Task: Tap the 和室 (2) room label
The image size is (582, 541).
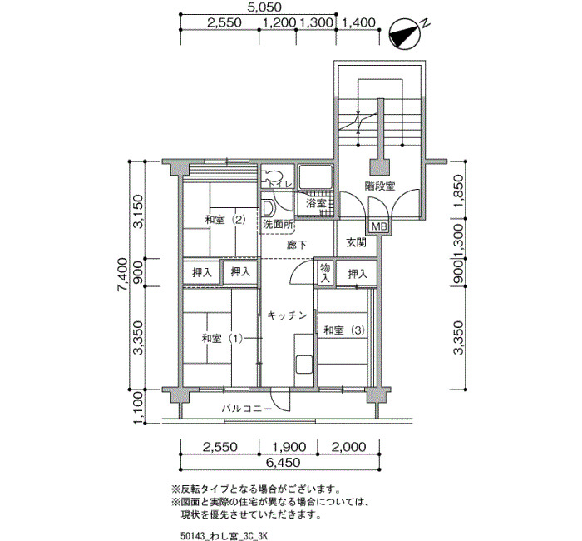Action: click(225, 220)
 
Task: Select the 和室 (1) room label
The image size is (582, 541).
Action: click(222, 339)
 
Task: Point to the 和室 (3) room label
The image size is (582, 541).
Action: click(344, 330)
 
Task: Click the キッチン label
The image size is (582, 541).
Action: click(288, 315)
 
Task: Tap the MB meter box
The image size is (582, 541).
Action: click(379, 226)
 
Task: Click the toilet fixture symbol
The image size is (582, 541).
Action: click(271, 176)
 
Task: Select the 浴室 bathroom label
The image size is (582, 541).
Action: click(316, 203)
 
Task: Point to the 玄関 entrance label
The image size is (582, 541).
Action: click(357, 242)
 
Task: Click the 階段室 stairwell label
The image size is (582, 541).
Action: click(380, 186)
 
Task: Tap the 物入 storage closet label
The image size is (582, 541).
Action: click(325, 272)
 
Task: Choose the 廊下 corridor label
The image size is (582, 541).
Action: click(297, 245)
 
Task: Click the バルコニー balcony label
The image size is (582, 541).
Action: click(247, 409)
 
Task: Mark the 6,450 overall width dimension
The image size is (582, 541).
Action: click(283, 463)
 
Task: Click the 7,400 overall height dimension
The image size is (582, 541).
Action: click(123, 275)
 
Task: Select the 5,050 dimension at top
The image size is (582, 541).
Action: click(264, 7)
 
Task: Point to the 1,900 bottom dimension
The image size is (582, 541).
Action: click(289, 447)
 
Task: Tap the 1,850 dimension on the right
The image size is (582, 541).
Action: click(459, 193)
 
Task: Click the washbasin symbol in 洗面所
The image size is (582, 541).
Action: click(267, 208)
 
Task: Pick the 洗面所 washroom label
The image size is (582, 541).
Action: click(278, 225)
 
